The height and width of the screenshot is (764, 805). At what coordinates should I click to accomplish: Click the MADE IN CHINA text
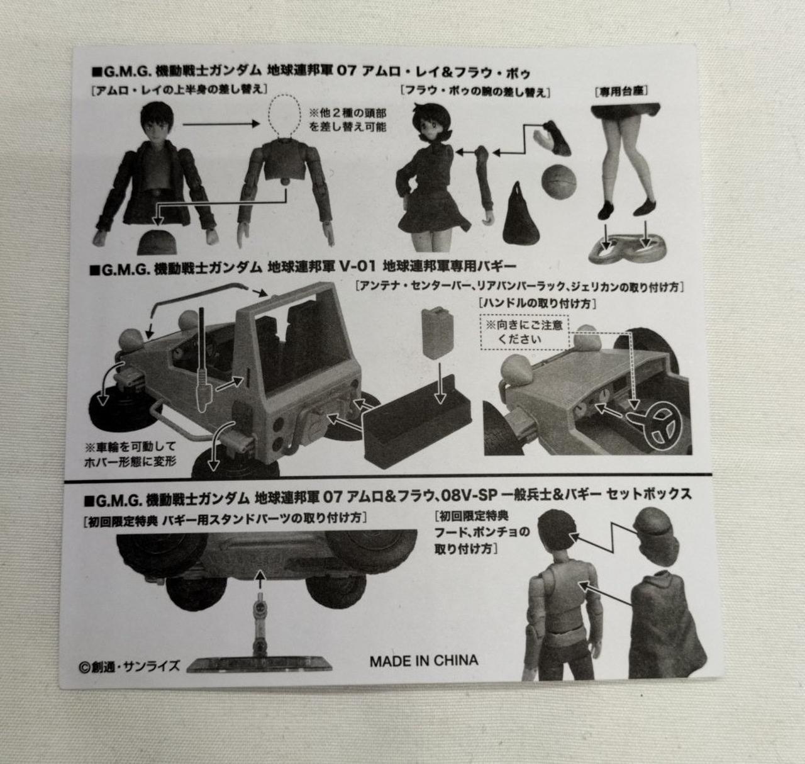[424, 660]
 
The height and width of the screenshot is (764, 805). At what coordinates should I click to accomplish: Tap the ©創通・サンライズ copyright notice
[130, 666]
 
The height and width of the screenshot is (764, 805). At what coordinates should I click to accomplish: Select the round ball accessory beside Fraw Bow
[558, 181]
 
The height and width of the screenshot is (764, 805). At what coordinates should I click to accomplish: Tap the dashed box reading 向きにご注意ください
[524, 332]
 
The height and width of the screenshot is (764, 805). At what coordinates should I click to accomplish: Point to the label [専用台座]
[621, 91]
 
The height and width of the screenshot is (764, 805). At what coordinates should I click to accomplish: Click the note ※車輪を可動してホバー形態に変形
[130, 453]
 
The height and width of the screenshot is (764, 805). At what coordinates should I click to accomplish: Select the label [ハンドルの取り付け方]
[537, 304]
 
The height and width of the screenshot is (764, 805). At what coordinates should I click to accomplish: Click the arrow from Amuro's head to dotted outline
[221, 123]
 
